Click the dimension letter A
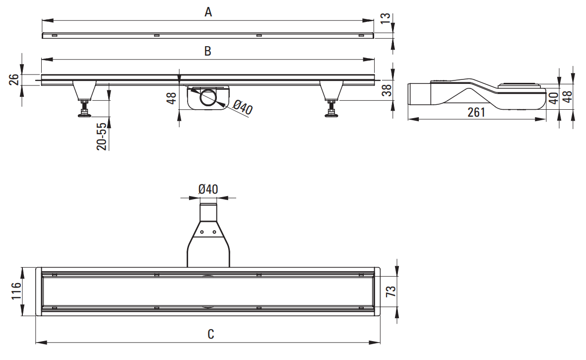coord(208,12)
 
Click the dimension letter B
coord(208,51)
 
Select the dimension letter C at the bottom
coord(211,334)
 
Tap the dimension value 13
coord(386,17)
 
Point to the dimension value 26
coord(14,79)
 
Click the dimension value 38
coord(388,90)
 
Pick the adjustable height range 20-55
coord(102,137)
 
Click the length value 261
coord(476,112)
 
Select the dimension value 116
coord(16,291)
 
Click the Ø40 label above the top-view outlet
coord(208,189)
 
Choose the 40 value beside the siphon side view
coord(554,98)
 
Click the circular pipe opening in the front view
coord(207,98)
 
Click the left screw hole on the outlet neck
coord(202,232)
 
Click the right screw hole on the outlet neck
coord(214,232)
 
